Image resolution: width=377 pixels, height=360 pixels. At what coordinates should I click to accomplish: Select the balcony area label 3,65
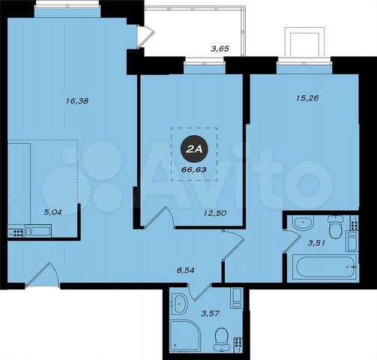click(220, 49)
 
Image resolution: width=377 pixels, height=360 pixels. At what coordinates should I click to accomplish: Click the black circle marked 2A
click(193, 150)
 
